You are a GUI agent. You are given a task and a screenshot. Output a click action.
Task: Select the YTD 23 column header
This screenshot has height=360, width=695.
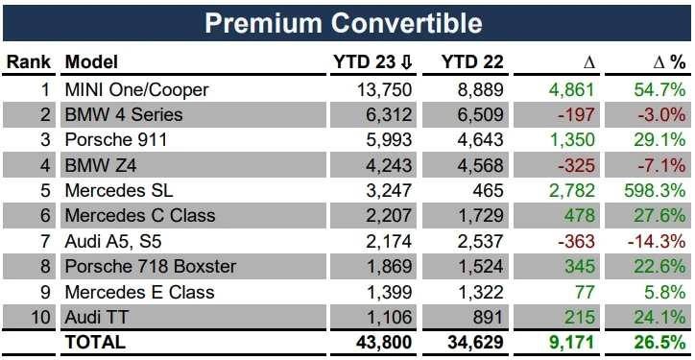point(365,62)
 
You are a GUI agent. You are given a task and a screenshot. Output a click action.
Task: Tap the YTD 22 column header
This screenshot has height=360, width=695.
point(471,62)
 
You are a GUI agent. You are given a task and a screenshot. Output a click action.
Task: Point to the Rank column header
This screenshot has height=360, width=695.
point(28,62)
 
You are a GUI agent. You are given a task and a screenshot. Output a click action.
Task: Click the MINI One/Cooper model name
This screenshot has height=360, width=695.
point(136,89)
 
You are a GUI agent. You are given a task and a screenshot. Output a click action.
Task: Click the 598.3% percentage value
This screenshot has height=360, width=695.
point(658,190)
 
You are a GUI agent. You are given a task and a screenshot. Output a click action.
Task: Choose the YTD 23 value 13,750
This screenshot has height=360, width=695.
point(384,89)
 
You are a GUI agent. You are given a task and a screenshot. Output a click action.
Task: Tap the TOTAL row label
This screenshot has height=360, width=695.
point(94,341)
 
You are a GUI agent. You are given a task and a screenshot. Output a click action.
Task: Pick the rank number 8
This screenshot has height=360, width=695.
point(43,266)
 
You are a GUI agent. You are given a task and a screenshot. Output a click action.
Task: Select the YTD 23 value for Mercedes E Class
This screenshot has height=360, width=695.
point(388,291)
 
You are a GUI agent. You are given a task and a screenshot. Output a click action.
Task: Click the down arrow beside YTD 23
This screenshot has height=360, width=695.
point(407,62)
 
